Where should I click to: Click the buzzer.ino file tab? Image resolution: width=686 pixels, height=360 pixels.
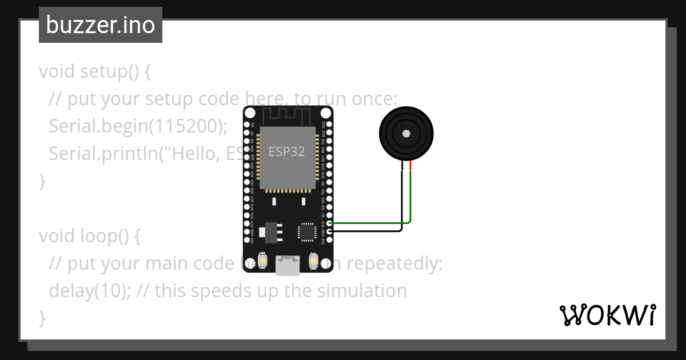click(x=101, y=25)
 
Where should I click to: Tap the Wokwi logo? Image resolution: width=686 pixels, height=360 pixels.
click(x=608, y=315)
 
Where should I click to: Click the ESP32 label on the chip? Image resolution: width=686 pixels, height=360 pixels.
click(x=286, y=151)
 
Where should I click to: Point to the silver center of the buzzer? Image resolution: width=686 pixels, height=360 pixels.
click(x=406, y=134)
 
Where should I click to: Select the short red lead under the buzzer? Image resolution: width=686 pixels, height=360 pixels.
click(x=410, y=165)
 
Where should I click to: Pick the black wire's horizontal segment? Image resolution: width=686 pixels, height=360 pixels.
click(x=366, y=231)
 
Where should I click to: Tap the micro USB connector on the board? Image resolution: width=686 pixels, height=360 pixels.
click(x=287, y=265)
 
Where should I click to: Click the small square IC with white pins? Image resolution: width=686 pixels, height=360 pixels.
click(x=306, y=231)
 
